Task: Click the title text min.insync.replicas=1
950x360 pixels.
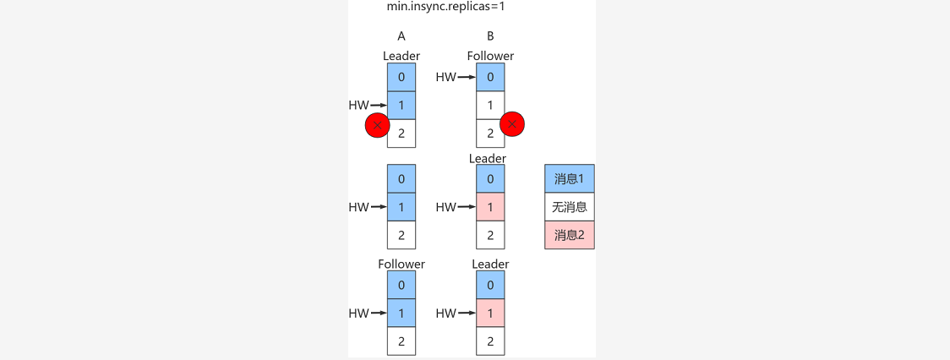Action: point(440,7)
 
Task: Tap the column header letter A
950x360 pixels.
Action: point(401,36)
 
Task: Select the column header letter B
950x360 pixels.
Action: point(490,36)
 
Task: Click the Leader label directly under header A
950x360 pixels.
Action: point(401,57)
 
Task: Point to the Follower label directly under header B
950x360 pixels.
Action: point(490,57)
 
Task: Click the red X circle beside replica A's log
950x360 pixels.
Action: point(377,126)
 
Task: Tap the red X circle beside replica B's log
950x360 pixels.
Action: point(512,124)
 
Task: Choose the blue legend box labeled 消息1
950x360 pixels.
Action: point(570,179)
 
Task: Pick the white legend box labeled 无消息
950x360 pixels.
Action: point(570,207)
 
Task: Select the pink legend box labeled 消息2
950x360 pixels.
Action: point(570,235)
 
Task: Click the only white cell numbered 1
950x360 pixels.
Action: point(490,106)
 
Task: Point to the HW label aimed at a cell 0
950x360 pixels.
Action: point(446,78)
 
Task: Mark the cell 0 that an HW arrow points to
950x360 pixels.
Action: point(490,78)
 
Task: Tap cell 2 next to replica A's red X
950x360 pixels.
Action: point(401,134)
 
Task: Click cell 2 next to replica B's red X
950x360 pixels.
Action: point(490,134)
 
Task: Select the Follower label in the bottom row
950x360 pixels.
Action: point(401,265)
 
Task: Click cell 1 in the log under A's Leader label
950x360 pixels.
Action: point(401,106)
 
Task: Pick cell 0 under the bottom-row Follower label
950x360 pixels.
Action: point(401,286)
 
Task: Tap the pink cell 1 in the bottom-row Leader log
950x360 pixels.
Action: point(490,314)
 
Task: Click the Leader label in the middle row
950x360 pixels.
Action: point(488,159)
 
